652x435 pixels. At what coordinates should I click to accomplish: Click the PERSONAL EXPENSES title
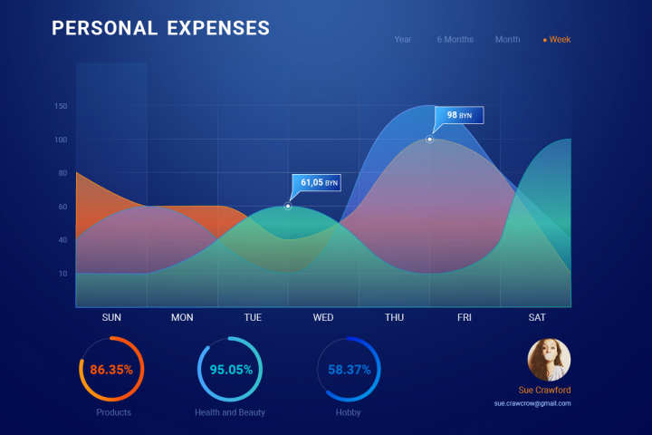click(160, 28)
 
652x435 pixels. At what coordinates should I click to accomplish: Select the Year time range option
click(402, 40)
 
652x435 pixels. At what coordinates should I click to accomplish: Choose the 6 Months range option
click(455, 40)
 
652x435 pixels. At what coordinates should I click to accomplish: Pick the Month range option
click(507, 40)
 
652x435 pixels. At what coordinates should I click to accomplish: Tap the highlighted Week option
click(557, 40)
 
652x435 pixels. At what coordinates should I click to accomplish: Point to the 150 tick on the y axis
click(61, 106)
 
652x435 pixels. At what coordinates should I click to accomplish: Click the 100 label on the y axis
click(61, 140)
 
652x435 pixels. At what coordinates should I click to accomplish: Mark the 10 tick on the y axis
click(62, 274)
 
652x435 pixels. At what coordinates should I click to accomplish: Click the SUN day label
click(111, 317)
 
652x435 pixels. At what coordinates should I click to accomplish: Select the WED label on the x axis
click(323, 317)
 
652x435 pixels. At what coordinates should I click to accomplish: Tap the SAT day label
click(537, 317)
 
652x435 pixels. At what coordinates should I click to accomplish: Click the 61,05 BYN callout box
click(316, 183)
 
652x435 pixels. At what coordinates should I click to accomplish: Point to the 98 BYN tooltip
click(459, 115)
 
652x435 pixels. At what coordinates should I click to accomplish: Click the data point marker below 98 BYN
click(429, 139)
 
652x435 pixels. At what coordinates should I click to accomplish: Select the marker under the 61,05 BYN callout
click(288, 206)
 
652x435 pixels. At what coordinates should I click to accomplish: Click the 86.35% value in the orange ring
click(111, 370)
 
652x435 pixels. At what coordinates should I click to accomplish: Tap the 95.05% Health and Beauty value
click(231, 370)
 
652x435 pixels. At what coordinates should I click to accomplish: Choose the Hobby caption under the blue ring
click(348, 412)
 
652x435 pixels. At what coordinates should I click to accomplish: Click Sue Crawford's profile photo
click(549, 360)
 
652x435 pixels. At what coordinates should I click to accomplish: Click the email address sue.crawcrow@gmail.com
click(532, 403)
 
